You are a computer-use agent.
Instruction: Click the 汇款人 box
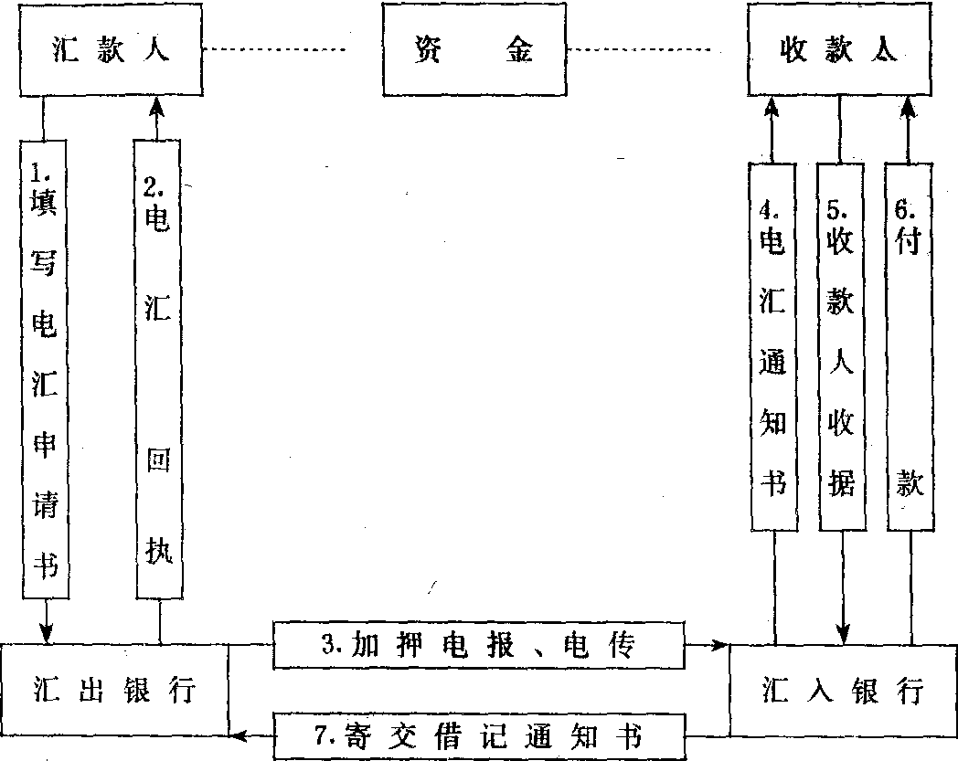[109, 51]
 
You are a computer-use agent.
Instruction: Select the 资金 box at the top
[470, 51]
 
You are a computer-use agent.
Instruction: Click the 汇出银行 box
[113, 690]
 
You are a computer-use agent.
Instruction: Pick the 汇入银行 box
[842, 690]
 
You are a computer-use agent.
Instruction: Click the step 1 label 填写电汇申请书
[44, 370]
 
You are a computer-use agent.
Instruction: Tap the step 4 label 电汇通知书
[773, 347]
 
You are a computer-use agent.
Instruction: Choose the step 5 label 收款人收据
[841, 347]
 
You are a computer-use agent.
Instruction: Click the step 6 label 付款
[910, 347]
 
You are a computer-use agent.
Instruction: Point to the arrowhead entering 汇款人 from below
[157, 107]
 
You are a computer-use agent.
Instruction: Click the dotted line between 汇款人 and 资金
[274, 49]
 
